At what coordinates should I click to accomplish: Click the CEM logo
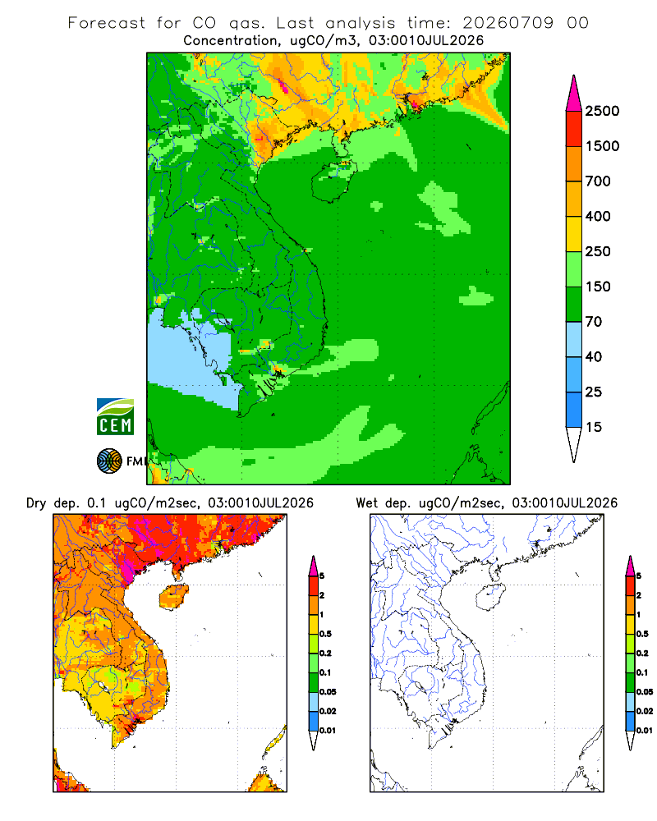115,416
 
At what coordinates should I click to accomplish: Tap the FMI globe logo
109,461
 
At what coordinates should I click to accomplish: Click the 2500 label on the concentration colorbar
602,111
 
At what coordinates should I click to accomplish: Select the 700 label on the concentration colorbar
598,181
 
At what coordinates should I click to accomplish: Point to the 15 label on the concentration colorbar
594,427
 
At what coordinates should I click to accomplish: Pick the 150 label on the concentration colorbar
598,287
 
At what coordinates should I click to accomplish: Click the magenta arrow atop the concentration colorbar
574,94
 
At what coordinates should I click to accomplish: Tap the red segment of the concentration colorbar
574,129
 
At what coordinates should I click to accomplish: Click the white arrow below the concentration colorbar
574,444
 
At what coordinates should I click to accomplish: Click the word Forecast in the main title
107,23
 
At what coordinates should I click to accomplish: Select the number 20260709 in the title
508,23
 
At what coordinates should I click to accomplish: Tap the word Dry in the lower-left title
36,503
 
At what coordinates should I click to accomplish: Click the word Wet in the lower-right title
366,503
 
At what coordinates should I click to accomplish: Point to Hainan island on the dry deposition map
173,597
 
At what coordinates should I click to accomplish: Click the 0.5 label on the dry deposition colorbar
325,634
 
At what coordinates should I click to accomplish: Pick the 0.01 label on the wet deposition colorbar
645,730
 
